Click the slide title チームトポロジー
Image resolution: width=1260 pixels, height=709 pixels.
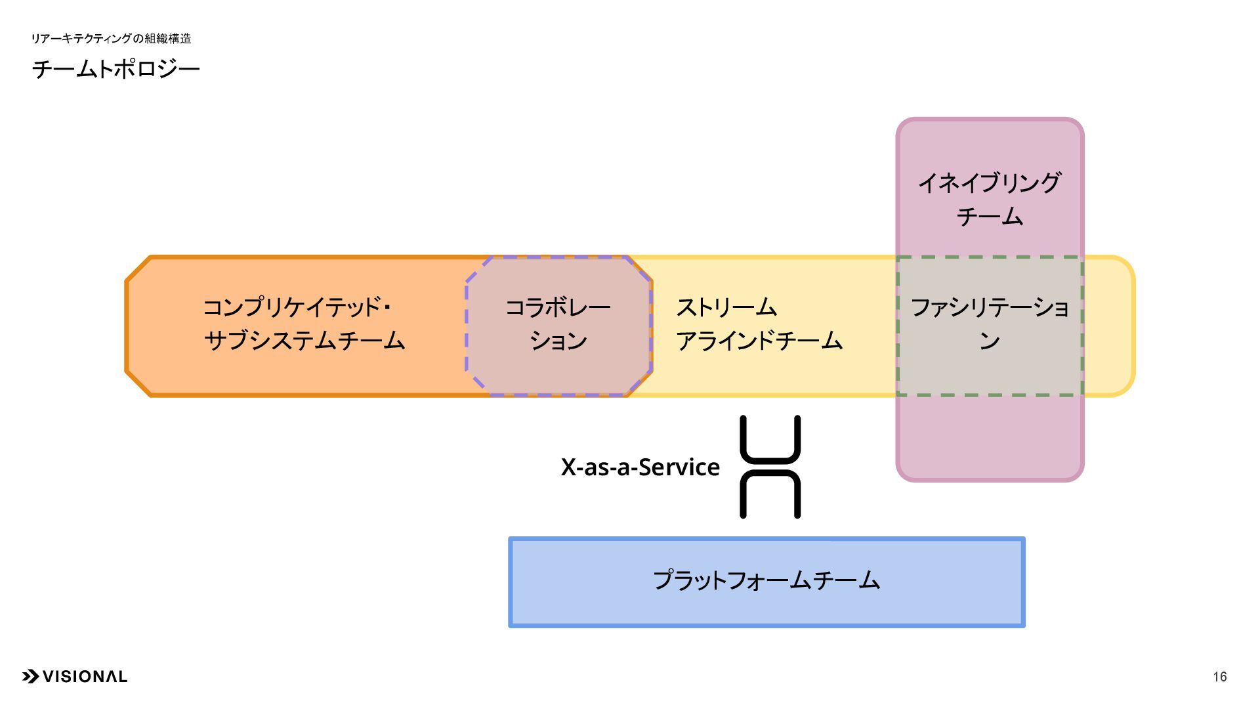[x=115, y=69]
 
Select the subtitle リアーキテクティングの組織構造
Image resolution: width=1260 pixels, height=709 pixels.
[x=111, y=39]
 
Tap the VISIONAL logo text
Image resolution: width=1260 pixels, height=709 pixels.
[x=85, y=677]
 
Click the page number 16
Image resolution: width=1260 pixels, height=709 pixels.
[x=1219, y=677]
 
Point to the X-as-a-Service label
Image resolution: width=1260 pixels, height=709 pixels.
[x=640, y=467]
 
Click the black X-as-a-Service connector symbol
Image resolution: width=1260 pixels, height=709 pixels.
[x=770, y=467]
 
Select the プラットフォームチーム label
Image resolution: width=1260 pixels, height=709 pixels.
[x=766, y=580]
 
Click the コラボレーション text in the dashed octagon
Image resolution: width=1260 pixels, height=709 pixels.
[x=558, y=324]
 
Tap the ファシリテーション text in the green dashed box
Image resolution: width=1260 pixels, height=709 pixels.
[x=990, y=324]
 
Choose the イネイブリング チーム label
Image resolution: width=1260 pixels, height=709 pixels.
[x=989, y=199]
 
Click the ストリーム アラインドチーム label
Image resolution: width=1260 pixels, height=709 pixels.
[x=759, y=324]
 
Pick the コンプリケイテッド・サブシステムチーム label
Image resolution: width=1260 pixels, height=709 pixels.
[x=304, y=324]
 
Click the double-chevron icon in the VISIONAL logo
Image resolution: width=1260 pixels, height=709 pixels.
[x=30, y=677]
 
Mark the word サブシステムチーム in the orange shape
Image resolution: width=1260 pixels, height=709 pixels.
[x=304, y=341]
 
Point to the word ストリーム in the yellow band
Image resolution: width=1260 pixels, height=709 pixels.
[x=726, y=307]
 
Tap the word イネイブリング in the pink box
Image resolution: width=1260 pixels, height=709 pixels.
[x=989, y=183]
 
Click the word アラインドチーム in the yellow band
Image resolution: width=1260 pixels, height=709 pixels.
[x=759, y=341]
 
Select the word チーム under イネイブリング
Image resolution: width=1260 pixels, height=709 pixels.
[x=989, y=217]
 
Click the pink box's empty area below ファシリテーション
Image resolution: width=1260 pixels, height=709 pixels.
[x=990, y=437]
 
